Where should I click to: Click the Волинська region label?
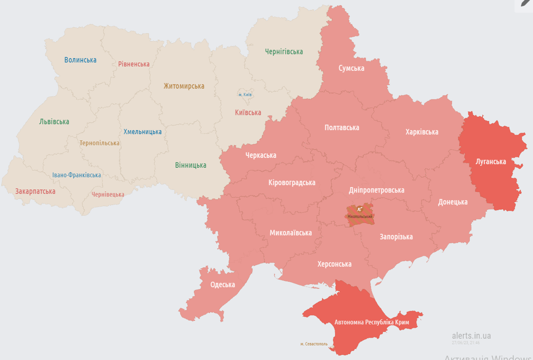pos(81,60)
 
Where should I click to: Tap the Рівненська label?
pos(134,64)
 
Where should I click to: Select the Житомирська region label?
pos(184,86)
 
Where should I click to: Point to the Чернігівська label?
pos(284,52)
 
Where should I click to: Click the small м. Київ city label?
pos(245,95)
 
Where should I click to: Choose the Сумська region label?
pos(351,68)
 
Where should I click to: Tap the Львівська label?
pos(54,122)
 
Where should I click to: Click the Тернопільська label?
pos(99,143)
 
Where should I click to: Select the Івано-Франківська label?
pos(76,175)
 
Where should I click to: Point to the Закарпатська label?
pos(35,191)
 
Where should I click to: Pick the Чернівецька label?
pos(108,195)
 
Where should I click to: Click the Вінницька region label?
pos(191,165)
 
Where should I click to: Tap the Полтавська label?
pos(342,128)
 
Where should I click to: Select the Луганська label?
pos(490,162)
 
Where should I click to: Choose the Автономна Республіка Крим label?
pos(372,322)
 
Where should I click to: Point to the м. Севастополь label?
pos(314,344)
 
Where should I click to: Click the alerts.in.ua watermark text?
pos(471,336)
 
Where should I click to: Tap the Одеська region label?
pos(222,285)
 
